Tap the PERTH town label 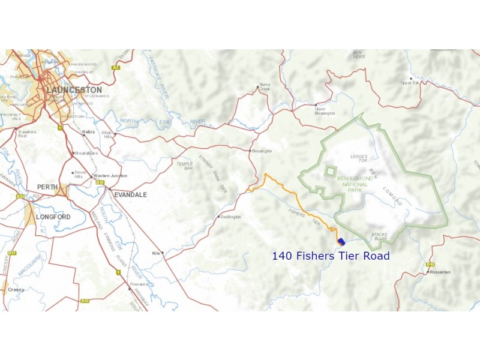(x=47, y=187)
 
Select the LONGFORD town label (x=53, y=217)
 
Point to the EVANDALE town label (x=131, y=194)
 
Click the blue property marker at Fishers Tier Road (x=341, y=242)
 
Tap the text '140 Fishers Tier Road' (x=331, y=256)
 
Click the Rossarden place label (x=439, y=272)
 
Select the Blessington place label (x=262, y=151)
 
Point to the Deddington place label (x=230, y=217)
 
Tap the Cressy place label (x=16, y=289)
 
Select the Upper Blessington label (x=325, y=111)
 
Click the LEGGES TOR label (x=358, y=158)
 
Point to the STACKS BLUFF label (x=379, y=236)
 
